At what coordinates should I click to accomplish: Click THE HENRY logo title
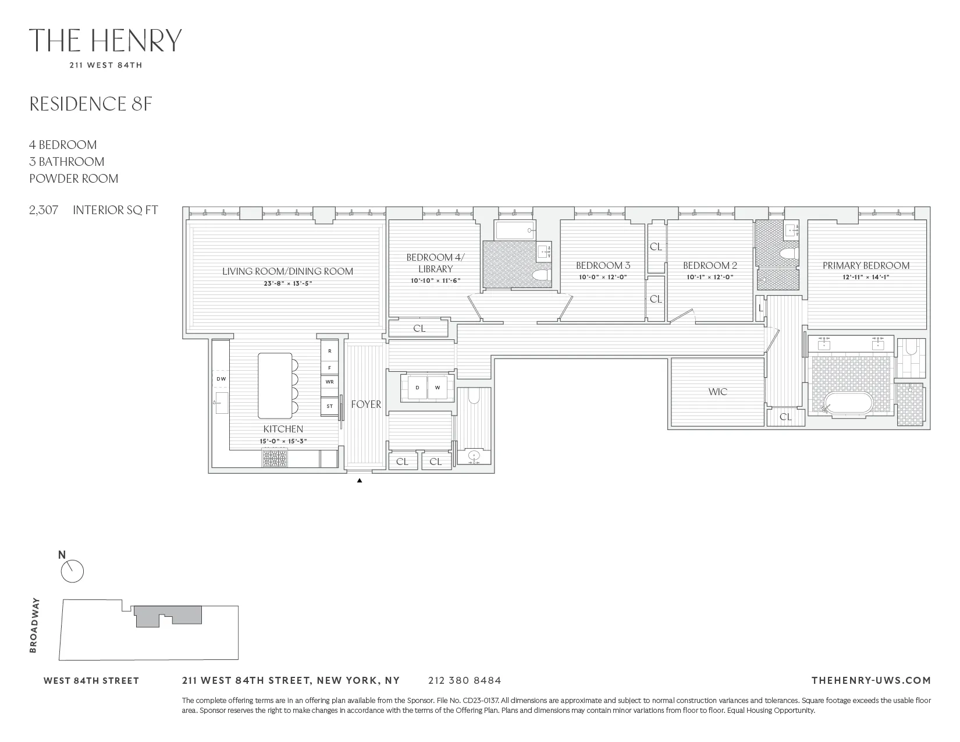[x=105, y=41]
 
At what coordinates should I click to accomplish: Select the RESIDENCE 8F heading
[x=91, y=104]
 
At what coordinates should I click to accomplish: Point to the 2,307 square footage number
[x=44, y=210]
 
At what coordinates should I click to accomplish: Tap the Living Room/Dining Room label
[x=287, y=271]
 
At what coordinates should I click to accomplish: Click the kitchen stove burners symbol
[x=275, y=459]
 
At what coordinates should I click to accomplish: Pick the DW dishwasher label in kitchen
[x=221, y=379]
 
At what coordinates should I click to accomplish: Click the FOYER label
[x=366, y=404]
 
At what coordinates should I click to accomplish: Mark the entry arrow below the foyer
[x=360, y=481]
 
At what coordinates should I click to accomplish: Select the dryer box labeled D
[x=417, y=388]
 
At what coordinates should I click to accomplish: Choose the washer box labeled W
[x=438, y=388]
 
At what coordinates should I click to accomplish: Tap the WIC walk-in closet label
[x=717, y=392]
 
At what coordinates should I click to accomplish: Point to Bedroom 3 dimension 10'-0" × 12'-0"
[x=603, y=277]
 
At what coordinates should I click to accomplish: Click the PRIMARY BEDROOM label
[x=866, y=265]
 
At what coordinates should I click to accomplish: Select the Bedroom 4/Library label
[x=435, y=263]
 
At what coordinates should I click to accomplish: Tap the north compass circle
[x=72, y=571]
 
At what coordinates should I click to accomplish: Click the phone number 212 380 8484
[x=464, y=680]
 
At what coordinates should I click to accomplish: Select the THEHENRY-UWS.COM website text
[x=870, y=680]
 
